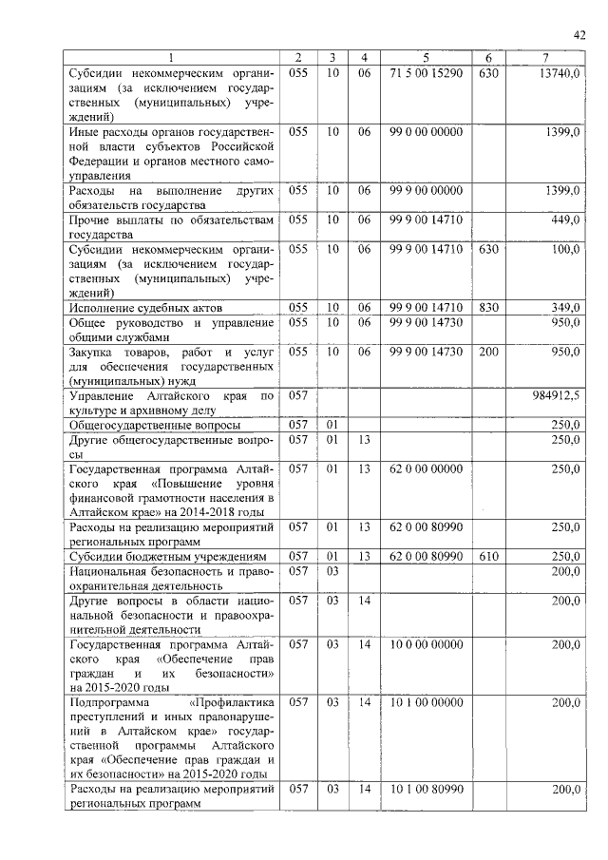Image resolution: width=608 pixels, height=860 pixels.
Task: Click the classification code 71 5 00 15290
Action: [426, 73]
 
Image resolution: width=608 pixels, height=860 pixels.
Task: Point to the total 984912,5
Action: [557, 394]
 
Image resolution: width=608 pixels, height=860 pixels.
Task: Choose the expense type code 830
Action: [488, 308]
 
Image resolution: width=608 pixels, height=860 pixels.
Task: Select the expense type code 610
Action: [488, 556]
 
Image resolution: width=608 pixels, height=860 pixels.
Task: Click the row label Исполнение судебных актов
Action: [145, 309]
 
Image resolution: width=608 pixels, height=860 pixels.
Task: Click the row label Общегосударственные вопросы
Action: [152, 425]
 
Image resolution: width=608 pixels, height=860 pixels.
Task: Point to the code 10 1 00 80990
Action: [426, 790]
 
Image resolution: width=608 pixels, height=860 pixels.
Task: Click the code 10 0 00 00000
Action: [426, 644]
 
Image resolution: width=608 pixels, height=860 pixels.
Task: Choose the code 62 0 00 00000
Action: [426, 468]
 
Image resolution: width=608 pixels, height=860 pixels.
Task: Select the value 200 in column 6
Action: [488, 352]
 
